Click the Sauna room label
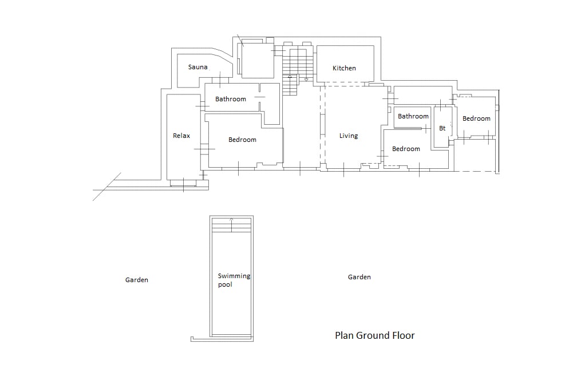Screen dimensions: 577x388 [x=197, y=67]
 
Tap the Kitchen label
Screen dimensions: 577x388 [x=344, y=68]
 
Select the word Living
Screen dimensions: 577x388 [x=349, y=136]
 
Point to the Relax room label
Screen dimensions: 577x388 [x=181, y=136]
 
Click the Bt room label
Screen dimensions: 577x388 [x=442, y=128]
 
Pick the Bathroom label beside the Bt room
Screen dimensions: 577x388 [x=413, y=116]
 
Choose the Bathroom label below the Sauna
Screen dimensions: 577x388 [x=230, y=99]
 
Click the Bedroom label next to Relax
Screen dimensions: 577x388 [x=242, y=140]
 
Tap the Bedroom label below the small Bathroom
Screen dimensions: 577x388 [x=406, y=149]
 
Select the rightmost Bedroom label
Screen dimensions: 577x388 [x=476, y=118]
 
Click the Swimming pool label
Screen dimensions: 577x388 [x=234, y=280]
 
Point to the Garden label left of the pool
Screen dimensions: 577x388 [x=136, y=280]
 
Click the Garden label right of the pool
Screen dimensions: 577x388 [x=359, y=277]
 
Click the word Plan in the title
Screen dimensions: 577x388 [x=344, y=335]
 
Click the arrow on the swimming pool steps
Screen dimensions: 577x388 [x=231, y=225]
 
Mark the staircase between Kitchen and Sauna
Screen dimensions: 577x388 [x=298, y=70]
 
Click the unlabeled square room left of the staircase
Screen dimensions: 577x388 [x=258, y=60]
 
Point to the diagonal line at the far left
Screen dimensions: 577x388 [x=106, y=187]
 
